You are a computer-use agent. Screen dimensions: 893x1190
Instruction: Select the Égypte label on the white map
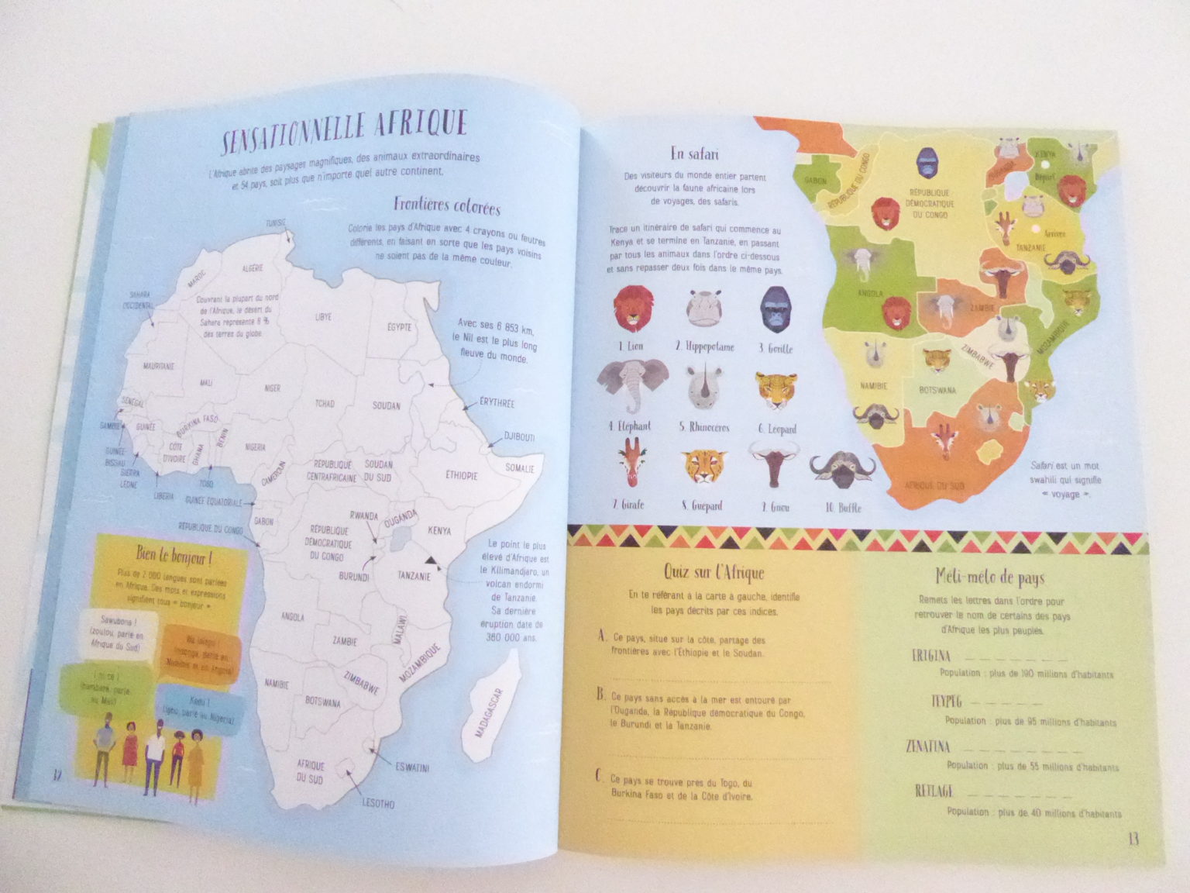tap(399, 327)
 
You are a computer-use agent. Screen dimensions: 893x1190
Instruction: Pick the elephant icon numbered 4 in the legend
tap(633, 385)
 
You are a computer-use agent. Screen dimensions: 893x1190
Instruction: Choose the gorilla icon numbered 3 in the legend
tap(776, 309)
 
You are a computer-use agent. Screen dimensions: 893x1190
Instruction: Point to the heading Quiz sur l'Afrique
tap(714, 573)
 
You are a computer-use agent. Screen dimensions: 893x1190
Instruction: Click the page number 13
tap(1133, 840)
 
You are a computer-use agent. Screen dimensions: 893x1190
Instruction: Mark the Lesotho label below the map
tap(377, 803)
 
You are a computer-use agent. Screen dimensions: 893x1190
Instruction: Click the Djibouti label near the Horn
tap(519, 436)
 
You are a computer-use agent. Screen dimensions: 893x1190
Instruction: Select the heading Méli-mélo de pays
tap(989, 578)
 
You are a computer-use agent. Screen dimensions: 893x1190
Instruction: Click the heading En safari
tap(694, 153)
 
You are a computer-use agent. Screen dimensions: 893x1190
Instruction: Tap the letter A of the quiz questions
tap(601, 636)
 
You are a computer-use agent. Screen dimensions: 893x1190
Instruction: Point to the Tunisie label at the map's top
tap(276, 222)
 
